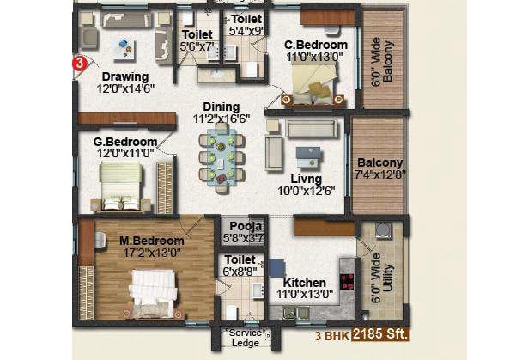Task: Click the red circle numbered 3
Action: point(79,63)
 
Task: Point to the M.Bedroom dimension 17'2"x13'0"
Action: point(151,253)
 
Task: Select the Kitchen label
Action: point(304,282)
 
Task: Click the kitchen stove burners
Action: point(347,281)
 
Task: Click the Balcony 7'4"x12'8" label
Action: point(379,162)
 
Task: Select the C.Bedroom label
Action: point(315,45)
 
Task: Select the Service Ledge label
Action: point(246,338)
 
